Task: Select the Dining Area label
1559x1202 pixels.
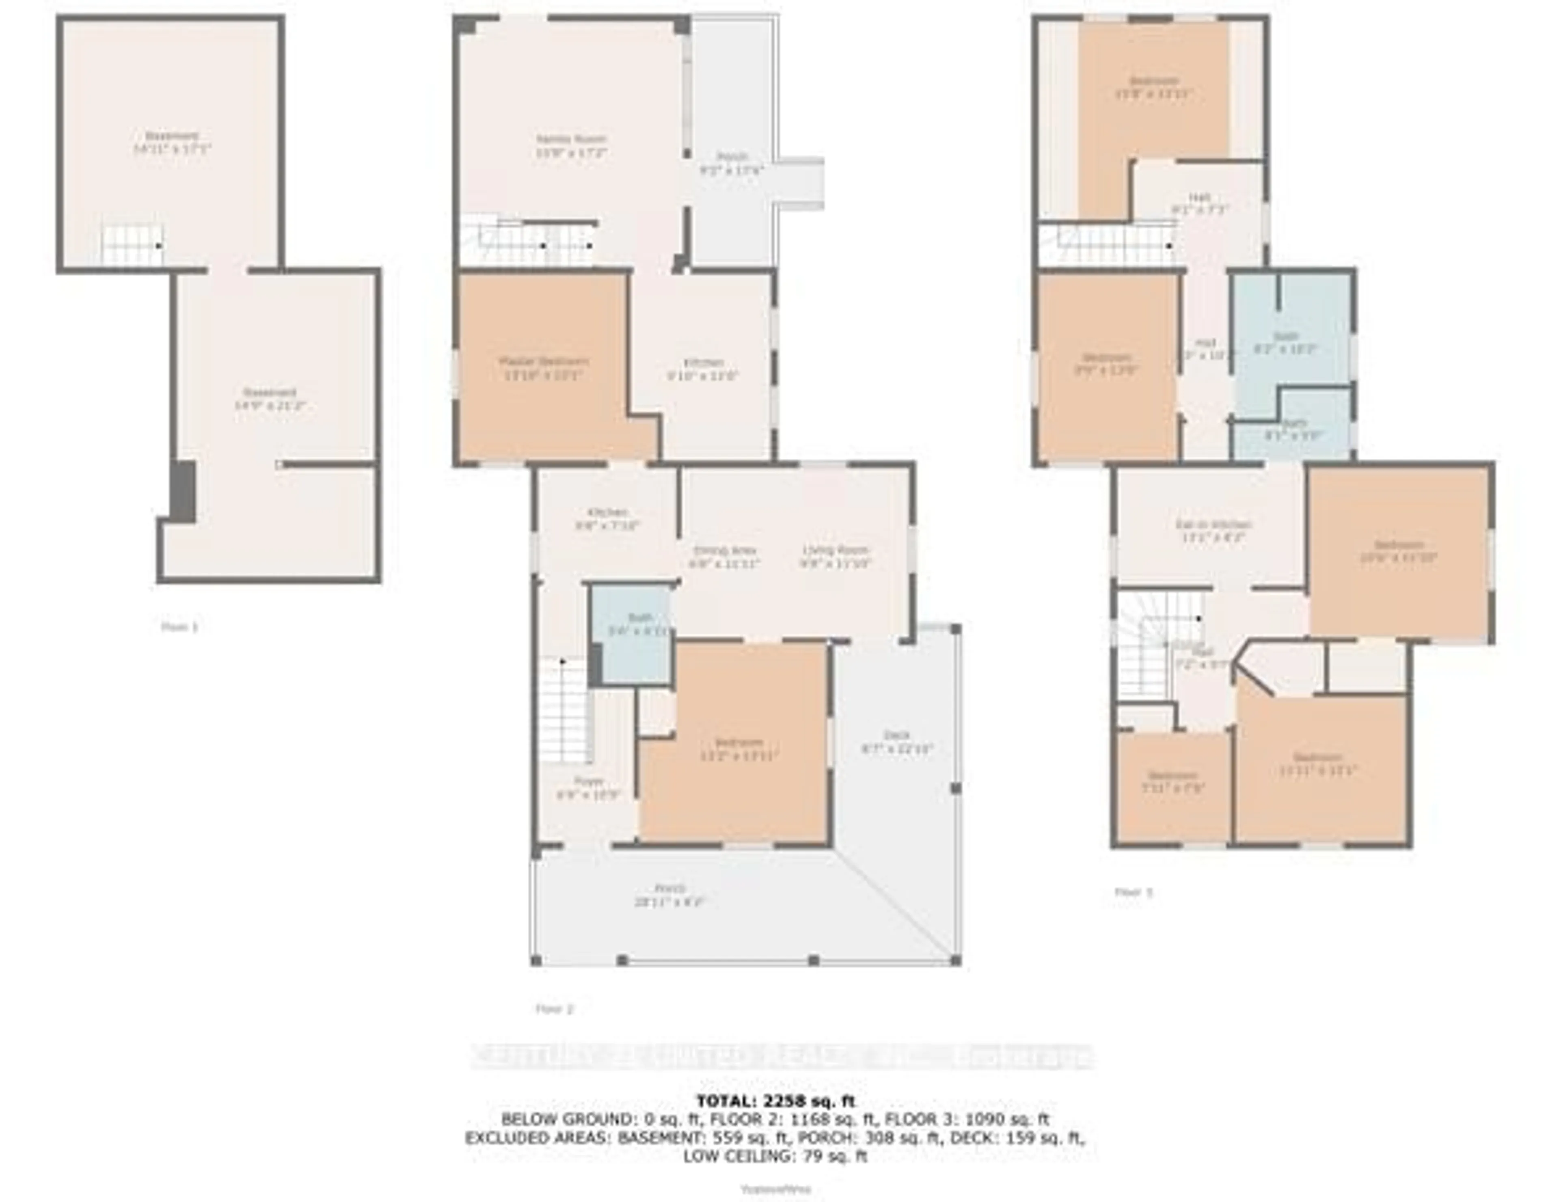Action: pyautogui.click(x=725, y=557)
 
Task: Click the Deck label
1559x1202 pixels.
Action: pyautogui.click(x=896, y=742)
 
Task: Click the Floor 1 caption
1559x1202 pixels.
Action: pyautogui.click(x=179, y=627)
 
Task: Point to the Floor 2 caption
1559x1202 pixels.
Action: pyautogui.click(x=555, y=1008)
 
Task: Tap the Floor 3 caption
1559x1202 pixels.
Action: pyautogui.click(x=1134, y=891)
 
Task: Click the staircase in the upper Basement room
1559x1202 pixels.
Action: pyautogui.click(x=132, y=245)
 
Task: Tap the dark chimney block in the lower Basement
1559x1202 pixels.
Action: pyautogui.click(x=184, y=491)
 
